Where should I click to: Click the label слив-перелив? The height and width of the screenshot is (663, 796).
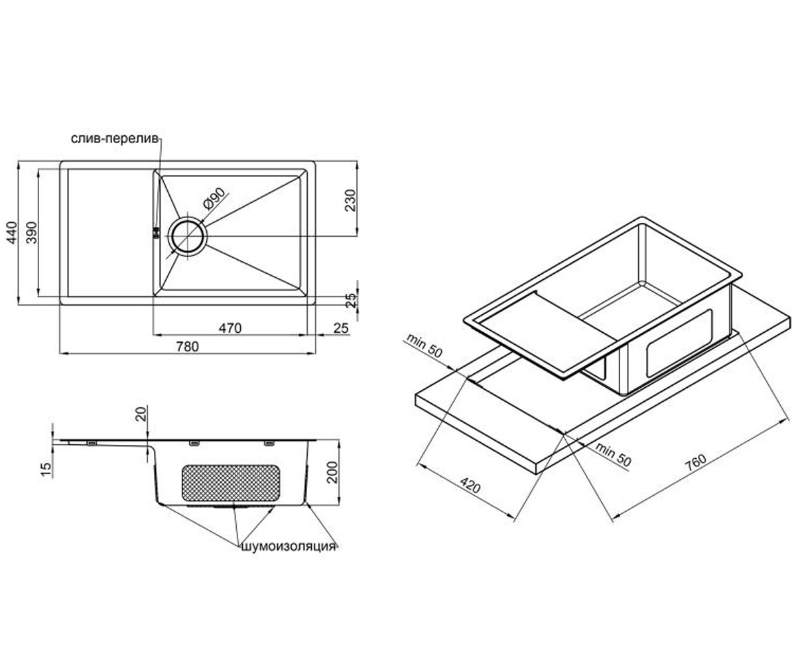(114, 139)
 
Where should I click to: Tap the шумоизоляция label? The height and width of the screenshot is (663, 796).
(289, 546)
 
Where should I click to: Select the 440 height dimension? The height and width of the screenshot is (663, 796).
(12, 233)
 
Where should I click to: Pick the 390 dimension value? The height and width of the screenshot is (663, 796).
(31, 233)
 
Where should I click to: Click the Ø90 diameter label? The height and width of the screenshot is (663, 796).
(214, 199)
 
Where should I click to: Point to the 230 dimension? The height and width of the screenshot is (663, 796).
(350, 200)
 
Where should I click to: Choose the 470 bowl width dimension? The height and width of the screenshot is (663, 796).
(230, 328)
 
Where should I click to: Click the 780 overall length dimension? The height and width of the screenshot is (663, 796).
(187, 346)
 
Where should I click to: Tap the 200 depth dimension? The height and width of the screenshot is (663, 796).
(333, 472)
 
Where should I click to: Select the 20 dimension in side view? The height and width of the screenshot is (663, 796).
(141, 414)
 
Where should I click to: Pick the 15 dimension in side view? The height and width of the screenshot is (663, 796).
(45, 469)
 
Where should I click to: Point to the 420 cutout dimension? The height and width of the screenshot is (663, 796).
(470, 487)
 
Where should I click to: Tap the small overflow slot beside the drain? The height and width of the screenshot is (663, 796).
(155, 233)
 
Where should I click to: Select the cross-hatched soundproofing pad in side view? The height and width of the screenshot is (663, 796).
(231, 483)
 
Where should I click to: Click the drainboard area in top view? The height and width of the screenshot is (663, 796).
(111, 233)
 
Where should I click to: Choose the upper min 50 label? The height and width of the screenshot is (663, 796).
(425, 345)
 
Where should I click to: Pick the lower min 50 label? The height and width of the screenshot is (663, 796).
(613, 455)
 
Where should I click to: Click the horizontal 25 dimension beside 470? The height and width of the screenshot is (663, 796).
(341, 328)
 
